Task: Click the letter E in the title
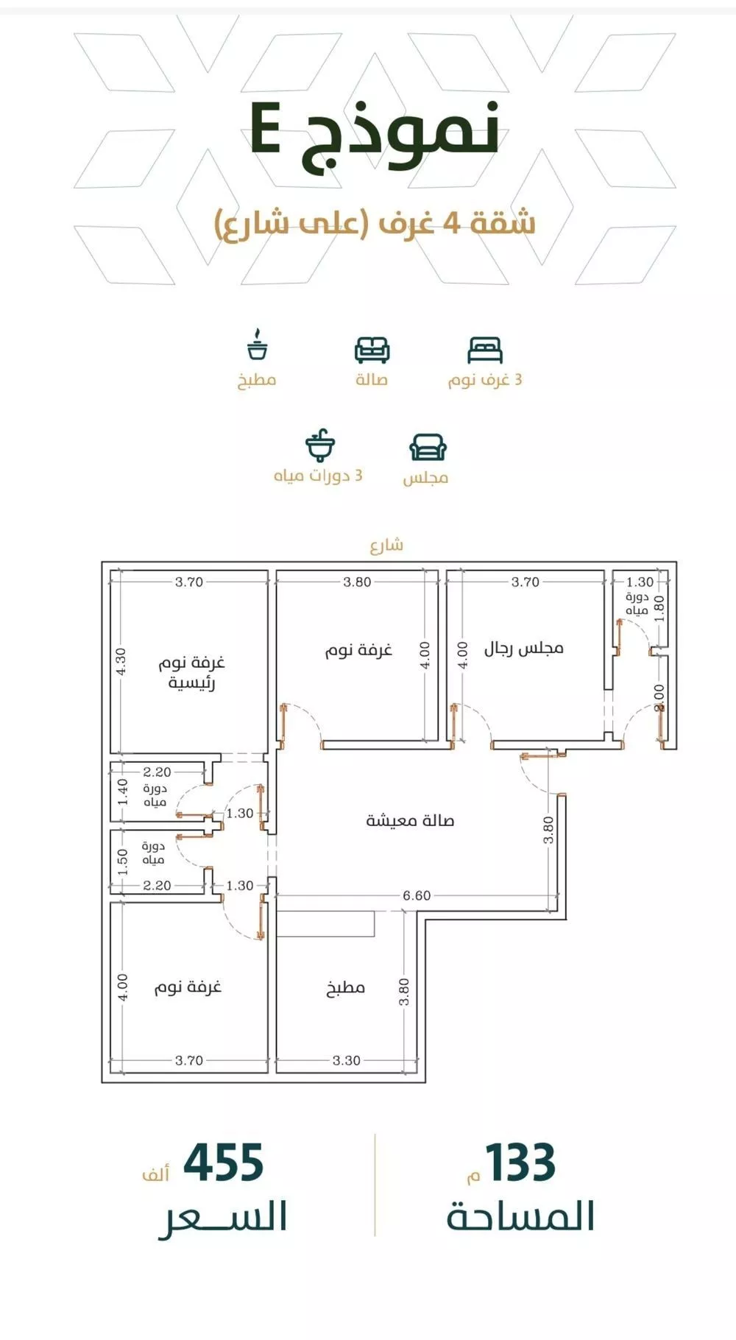pyautogui.click(x=265, y=129)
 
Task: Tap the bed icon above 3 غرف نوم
pyautogui.click(x=485, y=350)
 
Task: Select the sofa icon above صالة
pyautogui.click(x=372, y=350)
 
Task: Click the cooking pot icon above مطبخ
pyautogui.click(x=257, y=345)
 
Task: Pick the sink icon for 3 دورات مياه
pyautogui.click(x=320, y=445)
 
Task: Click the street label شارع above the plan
pyautogui.click(x=386, y=545)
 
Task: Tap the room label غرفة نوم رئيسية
pyautogui.click(x=191, y=672)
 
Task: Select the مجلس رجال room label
pyautogui.click(x=523, y=648)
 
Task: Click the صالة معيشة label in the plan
pyautogui.click(x=410, y=820)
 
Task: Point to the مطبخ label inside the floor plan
pyautogui.click(x=345, y=987)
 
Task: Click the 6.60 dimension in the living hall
pyautogui.click(x=417, y=895)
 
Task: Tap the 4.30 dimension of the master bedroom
pyautogui.click(x=121, y=660)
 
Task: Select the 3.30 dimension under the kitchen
pyautogui.click(x=346, y=1060)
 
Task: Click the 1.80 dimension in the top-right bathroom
pyautogui.click(x=659, y=608)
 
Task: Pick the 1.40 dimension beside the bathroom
pyautogui.click(x=122, y=791)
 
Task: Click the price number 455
pyautogui.click(x=223, y=1163)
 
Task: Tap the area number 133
pyautogui.click(x=520, y=1163)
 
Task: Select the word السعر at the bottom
pyautogui.click(x=222, y=1216)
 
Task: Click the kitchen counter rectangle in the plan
pyautogui.click(x=325, y=923)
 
